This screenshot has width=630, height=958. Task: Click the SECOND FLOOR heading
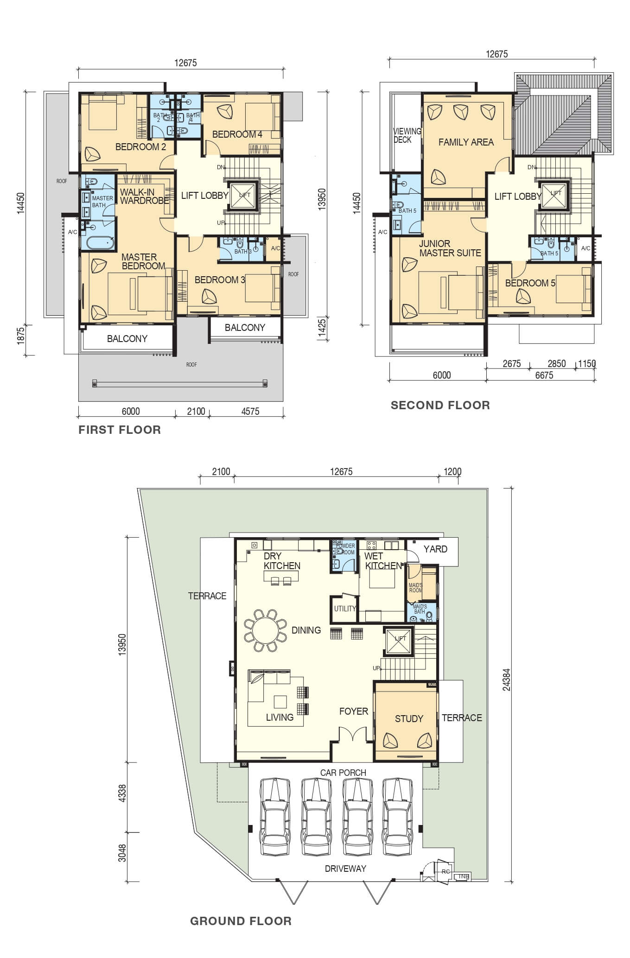440,405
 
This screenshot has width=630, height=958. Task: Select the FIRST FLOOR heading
120,430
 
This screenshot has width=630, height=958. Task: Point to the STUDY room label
409,718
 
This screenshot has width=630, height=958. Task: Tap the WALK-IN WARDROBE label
145,197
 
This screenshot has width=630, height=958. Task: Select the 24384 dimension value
506,679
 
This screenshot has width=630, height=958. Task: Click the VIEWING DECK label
407,135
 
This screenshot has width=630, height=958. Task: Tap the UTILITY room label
345,609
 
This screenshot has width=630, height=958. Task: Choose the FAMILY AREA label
466,142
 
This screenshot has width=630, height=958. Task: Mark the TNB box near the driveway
463,876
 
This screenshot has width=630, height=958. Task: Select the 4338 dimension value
122,793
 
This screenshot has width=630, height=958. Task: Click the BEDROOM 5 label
530,283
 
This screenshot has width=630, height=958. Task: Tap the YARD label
435,549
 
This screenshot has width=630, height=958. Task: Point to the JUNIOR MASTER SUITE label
450,248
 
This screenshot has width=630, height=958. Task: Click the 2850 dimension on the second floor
556,363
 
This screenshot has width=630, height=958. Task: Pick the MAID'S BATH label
420,609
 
